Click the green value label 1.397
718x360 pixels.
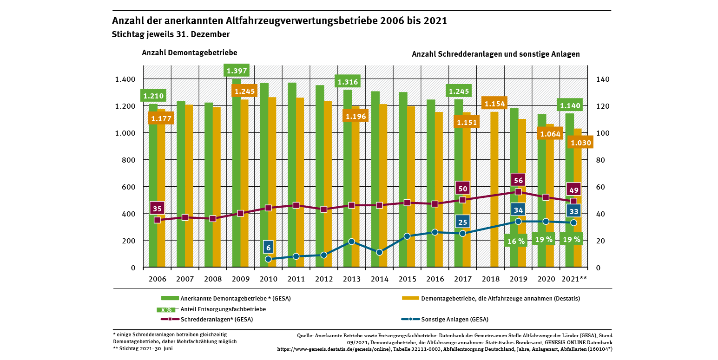point(237,71)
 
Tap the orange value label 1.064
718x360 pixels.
point(550,134)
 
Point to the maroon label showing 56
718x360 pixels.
point(518,180)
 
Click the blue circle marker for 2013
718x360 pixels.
point(351,242)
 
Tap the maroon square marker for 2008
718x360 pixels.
point(212,218)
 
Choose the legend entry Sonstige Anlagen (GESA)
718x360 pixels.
point(455,319)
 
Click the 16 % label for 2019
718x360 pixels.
point(516,241)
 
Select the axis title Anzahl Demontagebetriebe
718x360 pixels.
point(189,52)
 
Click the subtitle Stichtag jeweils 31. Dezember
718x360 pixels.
point(171,34)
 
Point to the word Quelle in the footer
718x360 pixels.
point(305,335)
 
